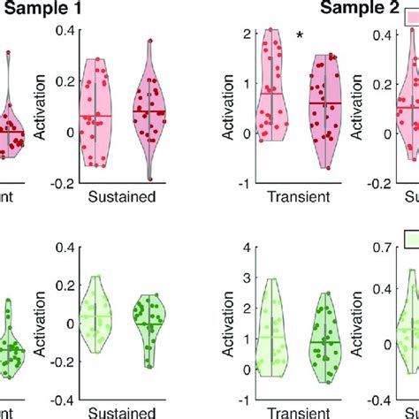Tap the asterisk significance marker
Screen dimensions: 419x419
pyautogui.click(x=301, y=35)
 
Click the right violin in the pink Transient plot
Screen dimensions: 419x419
pyautogui.click(x=325, y=106)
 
